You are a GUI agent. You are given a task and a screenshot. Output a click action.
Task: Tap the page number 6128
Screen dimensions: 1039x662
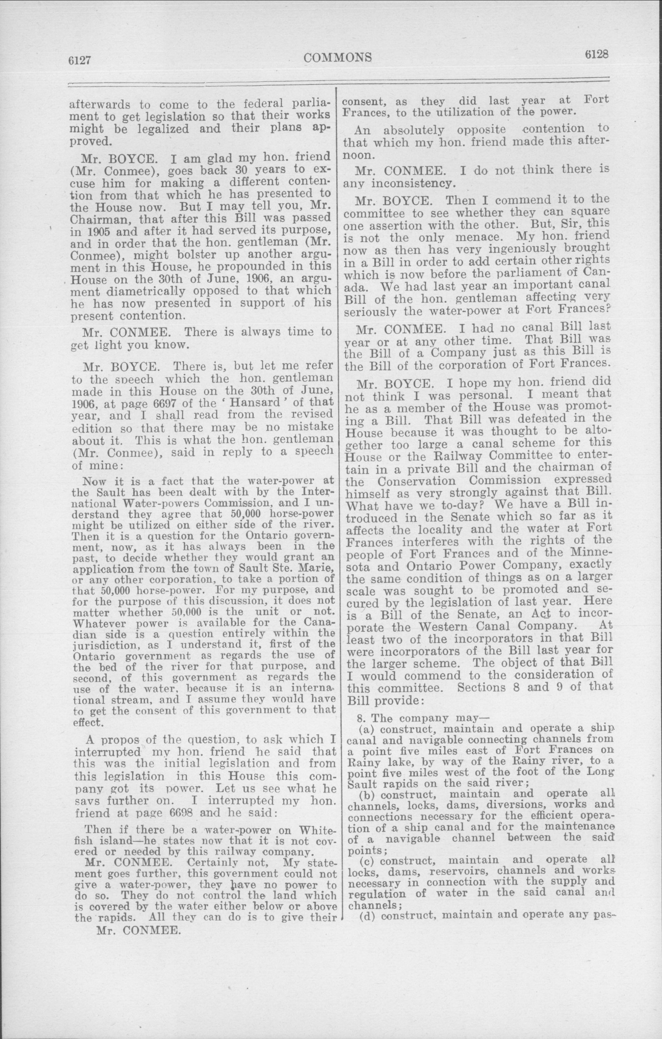pyautogui.click(x=596, y=55)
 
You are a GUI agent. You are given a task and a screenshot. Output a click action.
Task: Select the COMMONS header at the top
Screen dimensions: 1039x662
pyautogui.click(x=338, y=58)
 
